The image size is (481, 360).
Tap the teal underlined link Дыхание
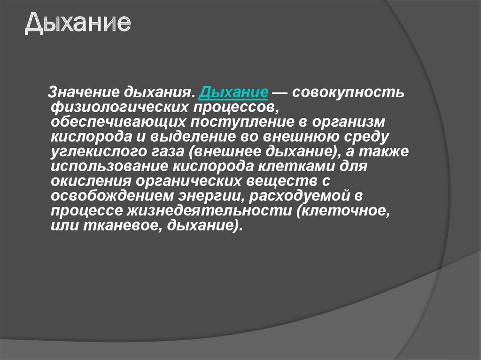(x=233, y=92)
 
